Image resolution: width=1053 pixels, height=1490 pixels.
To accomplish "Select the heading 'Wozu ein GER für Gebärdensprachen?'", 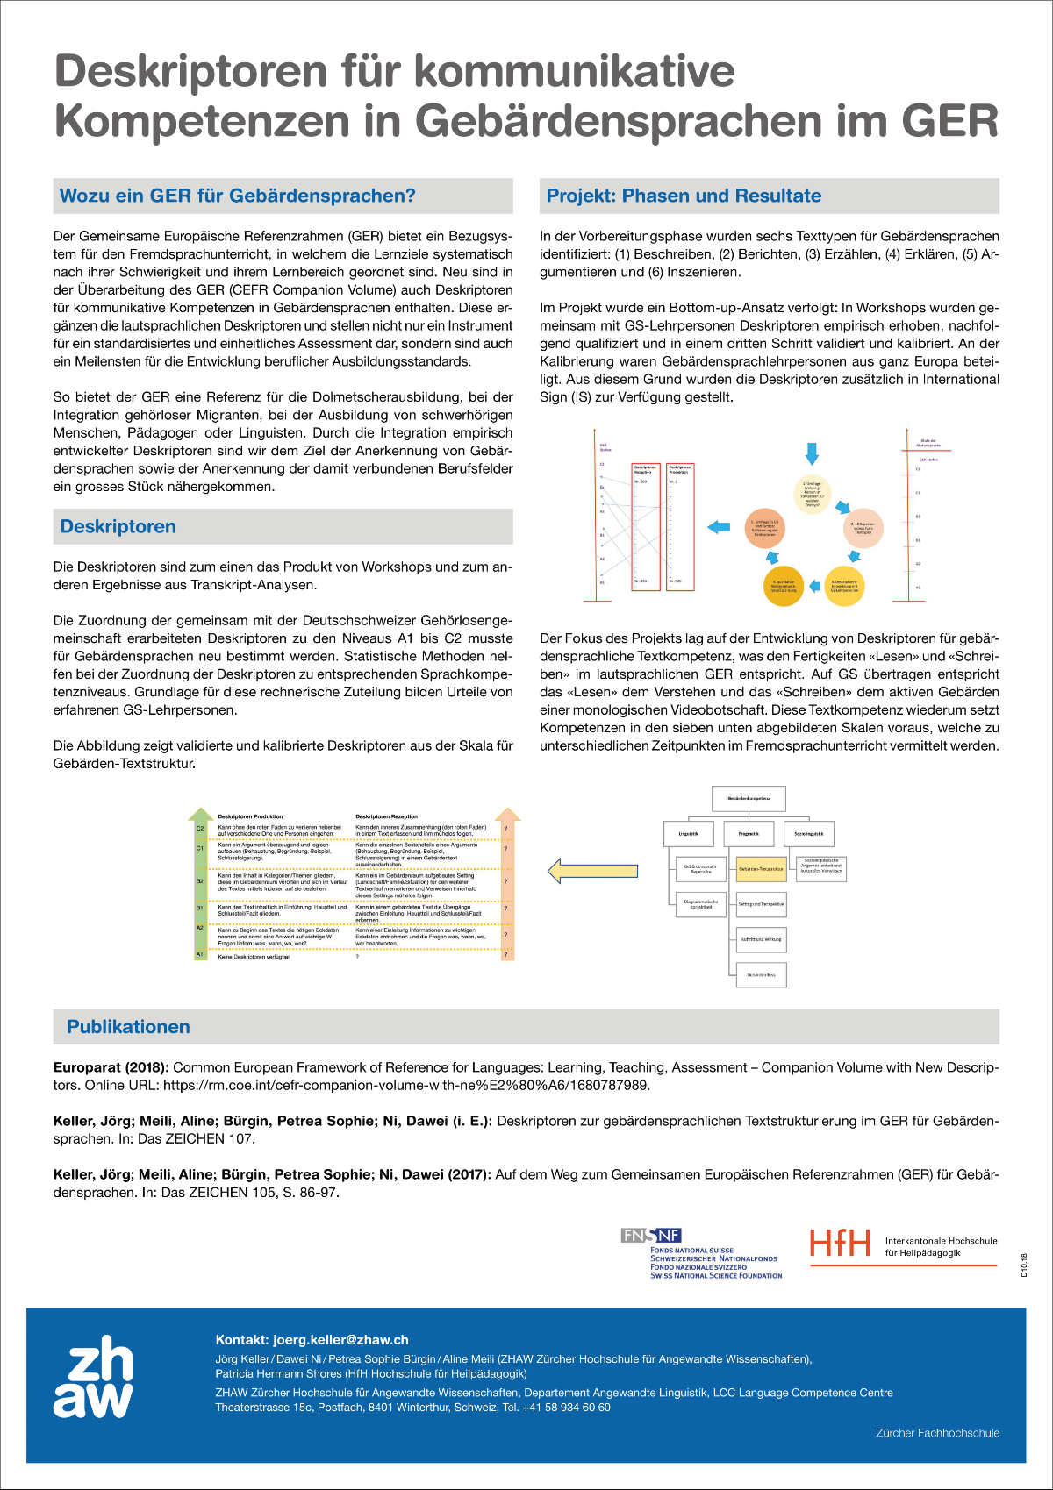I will pyautogui.click(x=237, y=196).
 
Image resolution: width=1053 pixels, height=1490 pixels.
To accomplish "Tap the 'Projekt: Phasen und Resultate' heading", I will pyautogui.click(x=684, y=196).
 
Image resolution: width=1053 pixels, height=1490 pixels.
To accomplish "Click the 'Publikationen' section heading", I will pyautogui.click(x=128, y=1027).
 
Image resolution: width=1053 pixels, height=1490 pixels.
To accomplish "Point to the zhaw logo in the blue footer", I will pyautogui.click(x=93, y=1377).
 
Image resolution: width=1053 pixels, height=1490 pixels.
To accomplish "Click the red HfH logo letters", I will pyautogui.click(x=840, y=1243).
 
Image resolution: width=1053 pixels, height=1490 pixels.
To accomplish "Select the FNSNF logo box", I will pyautogui.click(x=650, y=1235).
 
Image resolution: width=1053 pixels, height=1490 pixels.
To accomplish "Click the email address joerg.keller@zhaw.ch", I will pyautogui.click(x=340, y=1339).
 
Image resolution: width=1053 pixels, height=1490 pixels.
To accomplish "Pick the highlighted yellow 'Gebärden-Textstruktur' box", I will pyautogui.click(x=761, y=868).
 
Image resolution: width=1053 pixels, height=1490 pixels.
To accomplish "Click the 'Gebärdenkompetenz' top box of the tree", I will pyautogui.click(x=749, y=798).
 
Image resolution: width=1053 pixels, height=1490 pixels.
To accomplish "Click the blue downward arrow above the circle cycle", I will pyautogui.click(x=812, y=453).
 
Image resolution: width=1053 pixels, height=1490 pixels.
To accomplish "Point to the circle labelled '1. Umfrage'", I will pyautogui.click(x=812, y=495).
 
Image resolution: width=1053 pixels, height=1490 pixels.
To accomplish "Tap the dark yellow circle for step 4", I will pyautogui.click(x=783, y=586).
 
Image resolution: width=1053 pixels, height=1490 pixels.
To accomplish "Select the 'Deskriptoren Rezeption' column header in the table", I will pyautogui.click(x=386, y=816).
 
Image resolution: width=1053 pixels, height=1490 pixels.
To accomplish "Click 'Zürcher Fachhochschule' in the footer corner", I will pyautogui.click(x=937, y=1432).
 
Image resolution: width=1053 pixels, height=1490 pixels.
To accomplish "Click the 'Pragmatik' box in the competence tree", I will pyautogui.click(x=749, y=834).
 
